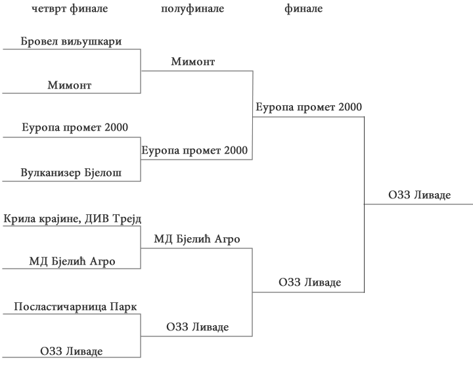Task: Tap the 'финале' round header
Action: tap(304, 9)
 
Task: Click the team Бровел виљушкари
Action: tap(71, 41)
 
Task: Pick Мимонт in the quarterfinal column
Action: tap(69, 85)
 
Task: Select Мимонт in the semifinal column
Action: tap(192, 62)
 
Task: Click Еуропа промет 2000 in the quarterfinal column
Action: tap(74, 127)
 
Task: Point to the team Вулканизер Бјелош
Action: tap(71, 173)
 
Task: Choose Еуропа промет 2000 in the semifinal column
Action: tap(194, 150)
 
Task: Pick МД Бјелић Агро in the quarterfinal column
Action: tap(72, 261)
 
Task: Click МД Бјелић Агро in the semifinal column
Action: tap(196, 239)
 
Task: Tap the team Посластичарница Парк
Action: tap(76, 307)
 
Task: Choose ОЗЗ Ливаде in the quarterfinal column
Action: tap(71, 351)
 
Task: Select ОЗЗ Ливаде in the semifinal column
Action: tap(197, 327)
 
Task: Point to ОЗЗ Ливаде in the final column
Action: tap(309, 282)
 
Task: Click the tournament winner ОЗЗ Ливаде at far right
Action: tap(419, 194)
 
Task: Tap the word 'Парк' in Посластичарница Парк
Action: tap(124, 307)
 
